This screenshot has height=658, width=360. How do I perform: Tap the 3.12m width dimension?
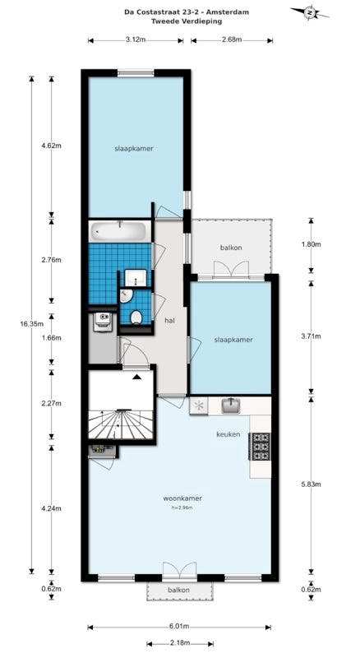(136, 39)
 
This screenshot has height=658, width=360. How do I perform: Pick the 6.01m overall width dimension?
(180, 626)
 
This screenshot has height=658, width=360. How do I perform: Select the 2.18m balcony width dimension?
(179, 642)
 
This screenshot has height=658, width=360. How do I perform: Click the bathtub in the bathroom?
(118, 231)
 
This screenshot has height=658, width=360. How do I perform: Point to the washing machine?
(102, 322)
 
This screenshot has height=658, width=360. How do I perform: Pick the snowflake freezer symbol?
(198, 405)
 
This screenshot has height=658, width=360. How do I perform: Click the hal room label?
(170, 320)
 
